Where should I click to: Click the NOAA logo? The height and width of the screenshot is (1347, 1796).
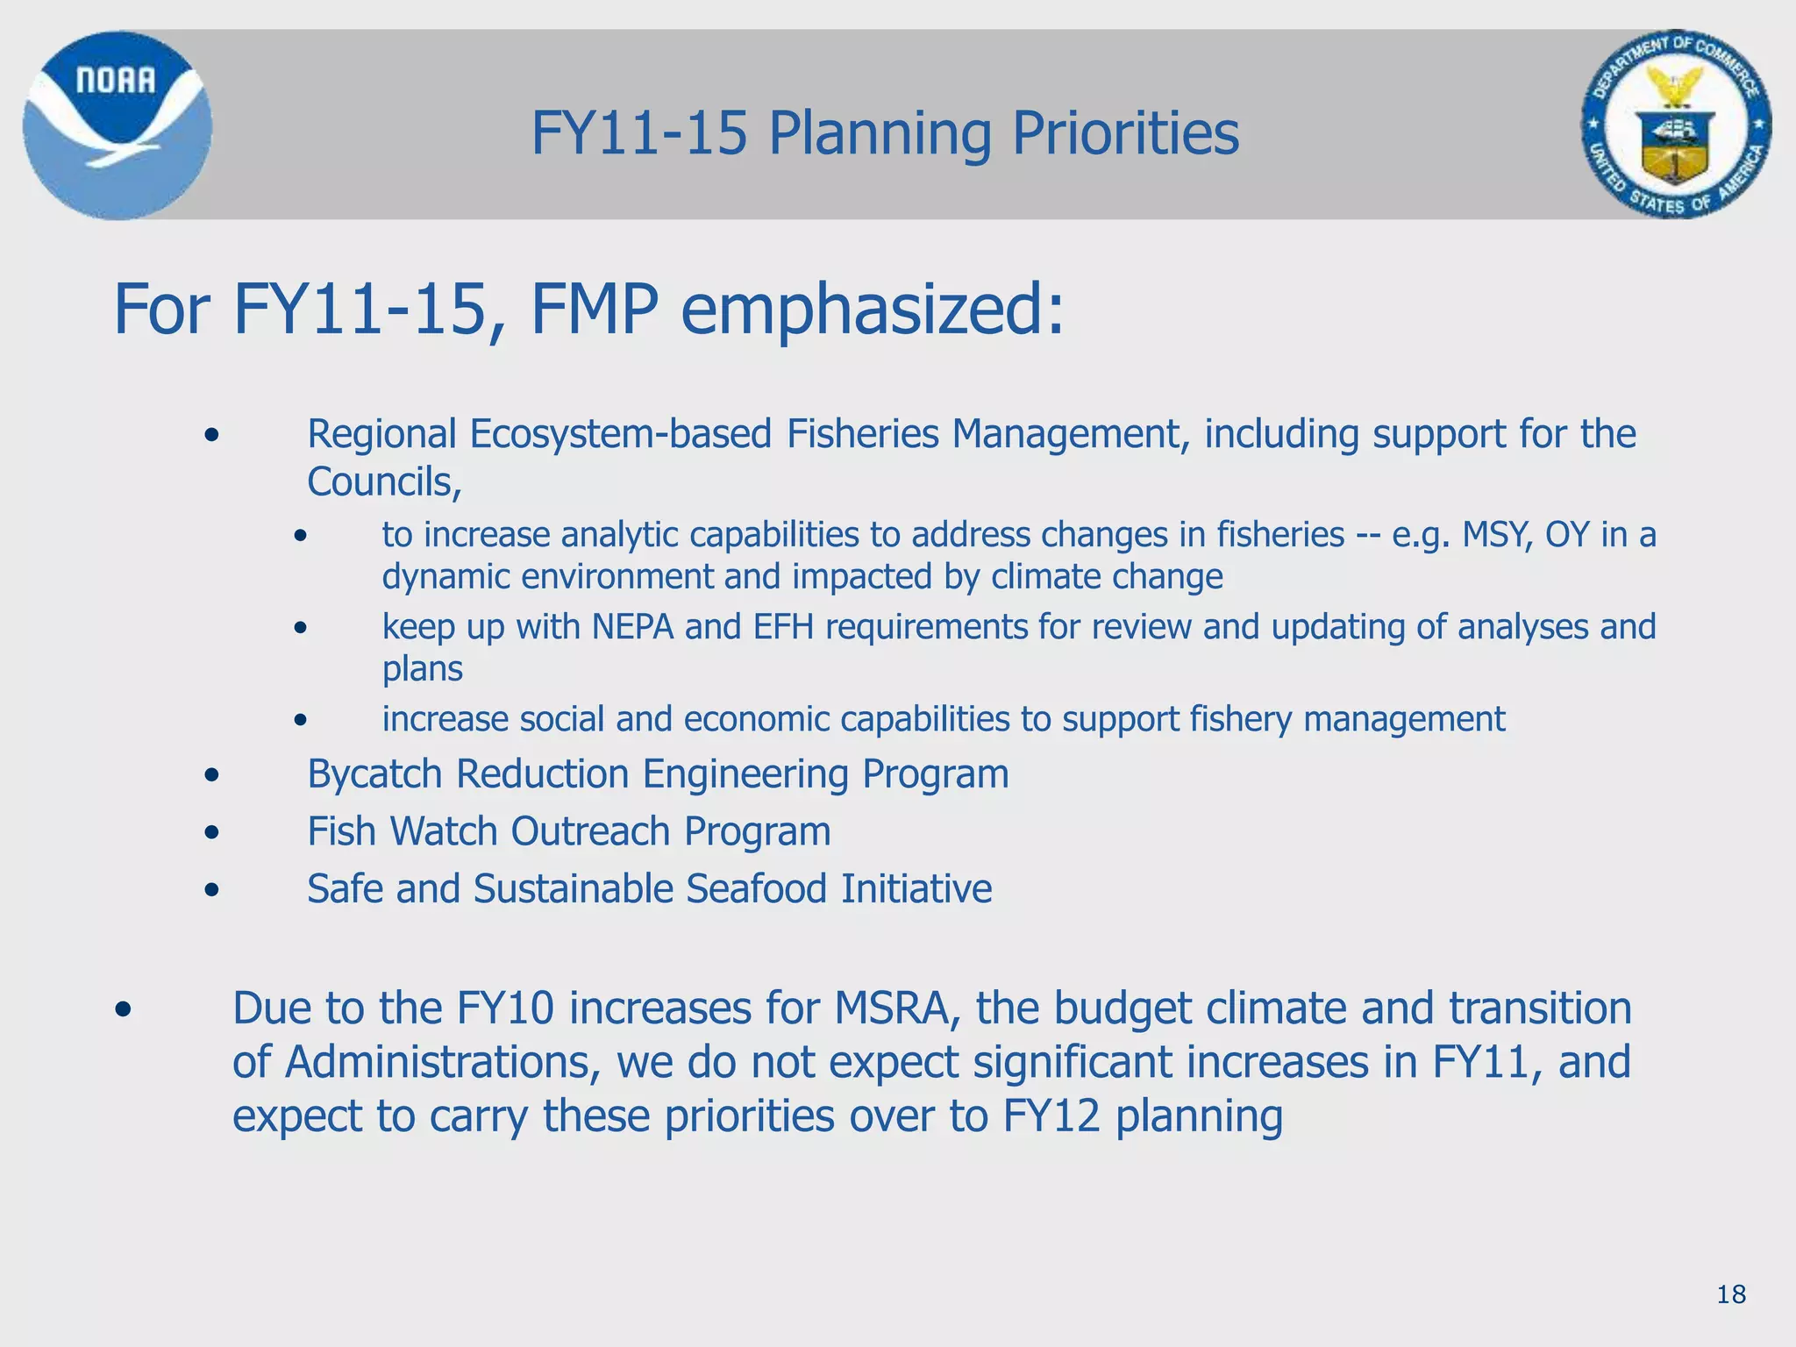pyautogui.click(x=117, y=125)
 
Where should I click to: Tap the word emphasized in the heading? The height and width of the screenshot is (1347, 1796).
pyautogui.click(x=872, y=310)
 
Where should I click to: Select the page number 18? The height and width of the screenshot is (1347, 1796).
pyautogui.click(x=1731, y=1294)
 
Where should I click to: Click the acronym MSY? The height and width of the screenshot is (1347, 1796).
pyautogui.click(x=1497, y=534)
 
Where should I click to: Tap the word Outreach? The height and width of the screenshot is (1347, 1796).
pyautogui.click(x=590, y=831)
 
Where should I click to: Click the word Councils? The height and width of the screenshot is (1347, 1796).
pyautogui.click(x=384, y=481)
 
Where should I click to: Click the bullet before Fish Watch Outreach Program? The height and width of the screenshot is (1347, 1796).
pyautogui.click(x=211, y=831)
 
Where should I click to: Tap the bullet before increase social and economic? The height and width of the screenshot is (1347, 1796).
pyautogui.click(x=301, y=720)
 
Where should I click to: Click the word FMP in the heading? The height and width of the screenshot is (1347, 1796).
pyautogui.click(x=595, y=310)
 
